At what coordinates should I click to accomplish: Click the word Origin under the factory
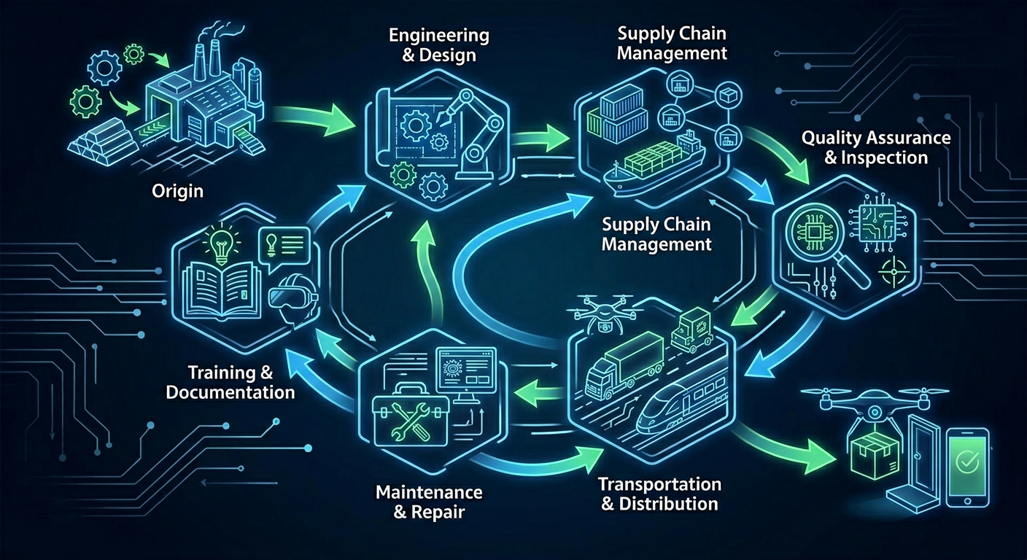tap(177, 192)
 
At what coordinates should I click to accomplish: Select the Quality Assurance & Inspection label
tap(875, 147)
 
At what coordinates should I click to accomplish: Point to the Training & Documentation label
tap(230, 382)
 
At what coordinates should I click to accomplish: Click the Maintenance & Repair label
tap(429, 501)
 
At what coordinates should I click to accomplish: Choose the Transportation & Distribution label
tap(659, 494)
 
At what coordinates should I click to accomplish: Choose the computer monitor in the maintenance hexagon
tap(464, 368)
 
